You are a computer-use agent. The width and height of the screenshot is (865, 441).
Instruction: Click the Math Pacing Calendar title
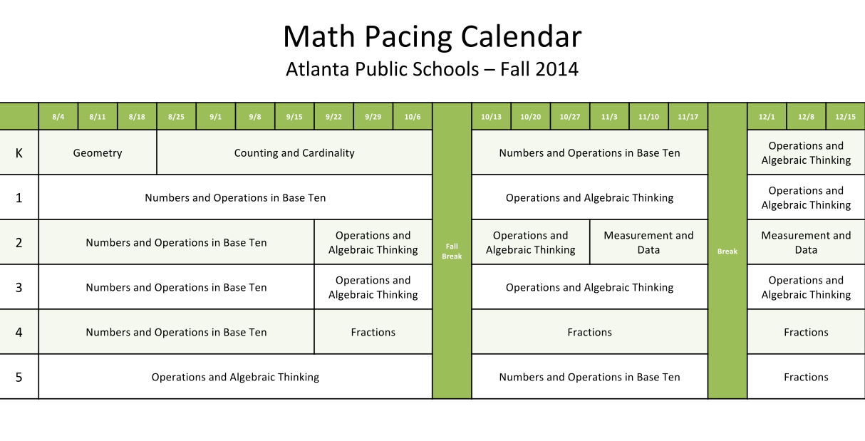[x=432, y=36]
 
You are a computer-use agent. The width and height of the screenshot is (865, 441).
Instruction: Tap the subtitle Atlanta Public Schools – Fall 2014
[x=432, y=69]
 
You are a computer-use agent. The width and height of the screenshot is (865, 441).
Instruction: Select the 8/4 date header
[x=58, y=117]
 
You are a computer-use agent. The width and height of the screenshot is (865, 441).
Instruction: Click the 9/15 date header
[x=294, y=117]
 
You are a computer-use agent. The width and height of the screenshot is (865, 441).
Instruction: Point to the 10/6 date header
[x=413, y=117]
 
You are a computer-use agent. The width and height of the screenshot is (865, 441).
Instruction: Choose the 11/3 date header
[x=609, y=117]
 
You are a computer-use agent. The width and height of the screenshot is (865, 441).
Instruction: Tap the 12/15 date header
[x=846, y=117]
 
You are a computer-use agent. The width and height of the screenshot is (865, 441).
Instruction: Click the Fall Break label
[x=452, y=251]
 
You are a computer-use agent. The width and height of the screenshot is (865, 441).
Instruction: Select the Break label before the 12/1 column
[x=727, y=251]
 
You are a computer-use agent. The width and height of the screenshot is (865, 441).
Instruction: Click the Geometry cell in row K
[x=98, y=153]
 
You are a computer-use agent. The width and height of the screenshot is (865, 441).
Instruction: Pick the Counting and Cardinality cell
[x=294, y=153]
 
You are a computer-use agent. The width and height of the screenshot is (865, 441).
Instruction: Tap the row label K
[x=19, y=153]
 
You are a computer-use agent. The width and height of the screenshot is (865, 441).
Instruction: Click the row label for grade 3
[x=19, y=288]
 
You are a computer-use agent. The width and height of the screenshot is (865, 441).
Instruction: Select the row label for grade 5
[x=19, y=378]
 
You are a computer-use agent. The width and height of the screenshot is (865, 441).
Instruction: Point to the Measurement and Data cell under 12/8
[x=806, y=243]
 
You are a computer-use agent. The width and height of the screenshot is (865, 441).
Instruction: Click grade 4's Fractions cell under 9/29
[x=373, y=333]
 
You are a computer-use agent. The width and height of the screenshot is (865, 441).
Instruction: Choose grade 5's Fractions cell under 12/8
[x=806, y=378]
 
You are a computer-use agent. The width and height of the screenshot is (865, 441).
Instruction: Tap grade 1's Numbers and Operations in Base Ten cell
[x=235, y=198]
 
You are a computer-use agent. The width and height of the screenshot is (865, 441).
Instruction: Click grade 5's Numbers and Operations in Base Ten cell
[x=589, y=378]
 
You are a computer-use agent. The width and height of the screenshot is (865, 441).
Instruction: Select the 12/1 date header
[x=767, y=117]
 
